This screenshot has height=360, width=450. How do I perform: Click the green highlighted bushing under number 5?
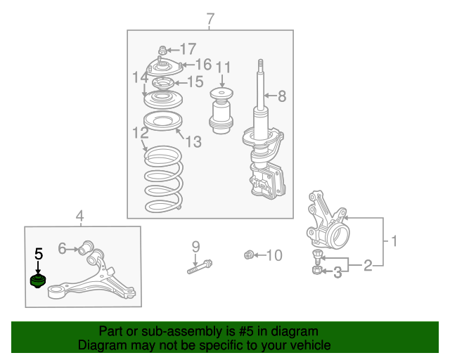click(38, 281)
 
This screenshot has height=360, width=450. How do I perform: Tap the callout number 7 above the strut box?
click(210, 19)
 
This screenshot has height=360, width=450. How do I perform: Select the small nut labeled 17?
click(162, 51)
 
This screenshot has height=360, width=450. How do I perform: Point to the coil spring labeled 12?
click(164, 179)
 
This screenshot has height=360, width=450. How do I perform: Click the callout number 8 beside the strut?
click(282, 96)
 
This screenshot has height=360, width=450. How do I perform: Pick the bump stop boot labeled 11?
click(221, 111)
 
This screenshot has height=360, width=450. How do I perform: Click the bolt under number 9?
click(200, 266)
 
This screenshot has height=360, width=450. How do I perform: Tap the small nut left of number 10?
click(248, 255)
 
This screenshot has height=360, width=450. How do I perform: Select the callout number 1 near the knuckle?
click(394, 241)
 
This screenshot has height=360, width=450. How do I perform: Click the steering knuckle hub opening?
click(340, 237)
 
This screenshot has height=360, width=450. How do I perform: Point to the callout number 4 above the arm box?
click(79, 216)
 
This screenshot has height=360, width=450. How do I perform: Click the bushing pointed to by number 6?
click(86, 247)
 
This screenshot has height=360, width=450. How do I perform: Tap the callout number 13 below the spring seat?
click(193, 141)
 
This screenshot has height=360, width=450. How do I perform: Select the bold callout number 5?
click(39, 254)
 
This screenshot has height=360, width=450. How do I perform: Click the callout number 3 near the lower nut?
click(337, 272)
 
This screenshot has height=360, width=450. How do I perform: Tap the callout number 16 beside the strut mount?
click(203, 64)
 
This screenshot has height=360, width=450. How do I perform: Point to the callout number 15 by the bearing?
click(195, 82)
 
